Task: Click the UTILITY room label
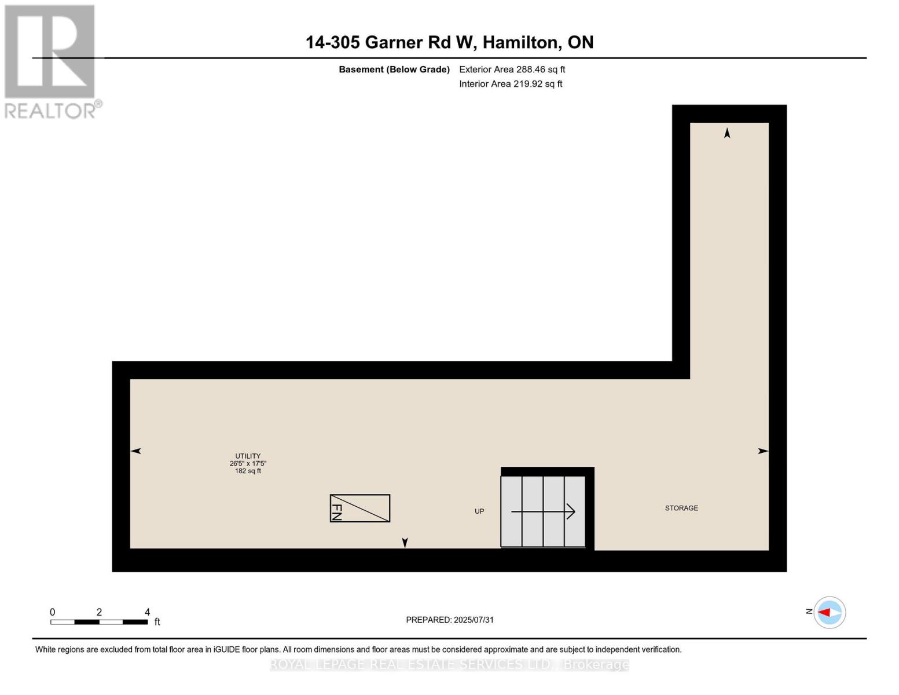click(248, 456)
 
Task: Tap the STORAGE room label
click(681, 508)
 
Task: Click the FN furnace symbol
click(359, 509)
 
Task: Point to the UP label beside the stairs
click(479, 511)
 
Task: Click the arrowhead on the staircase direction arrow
click(571, 511)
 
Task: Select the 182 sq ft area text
click(248, 471)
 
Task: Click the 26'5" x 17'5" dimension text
click(248, 463)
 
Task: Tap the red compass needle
click(824, 612)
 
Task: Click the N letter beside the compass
click(809, 612)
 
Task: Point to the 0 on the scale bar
click(52, 612)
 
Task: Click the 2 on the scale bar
click(100, 612)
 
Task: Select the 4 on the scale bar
click(147, 612)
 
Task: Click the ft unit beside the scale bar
click(157, 622)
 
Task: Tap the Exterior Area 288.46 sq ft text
click(512, 69)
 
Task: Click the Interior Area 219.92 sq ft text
click(511, 84)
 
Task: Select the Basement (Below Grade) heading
click(394, 69)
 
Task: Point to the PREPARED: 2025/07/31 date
click(450, 620)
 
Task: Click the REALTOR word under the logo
click(50, 111)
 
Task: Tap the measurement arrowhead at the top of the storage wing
click(727, 133)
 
